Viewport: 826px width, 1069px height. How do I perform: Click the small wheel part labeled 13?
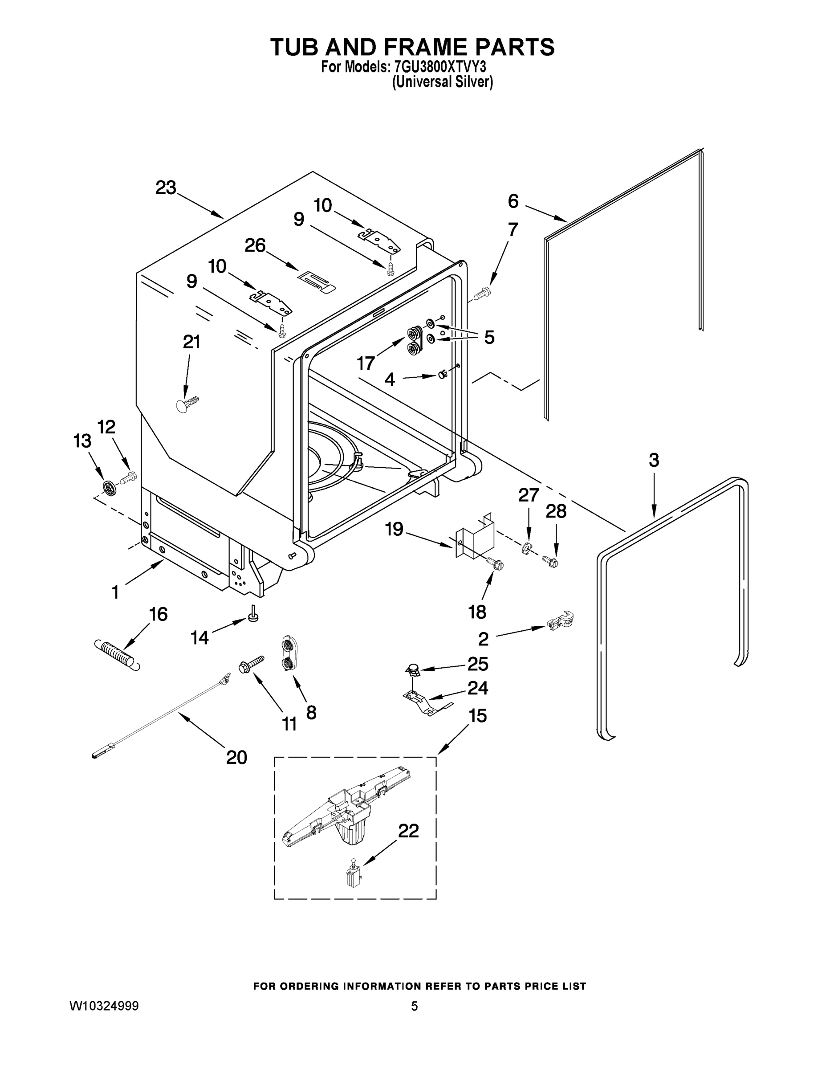[110, 487]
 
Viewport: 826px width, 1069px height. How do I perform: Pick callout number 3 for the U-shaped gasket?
[654, 460]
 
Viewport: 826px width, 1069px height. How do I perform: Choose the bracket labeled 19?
[475, 537]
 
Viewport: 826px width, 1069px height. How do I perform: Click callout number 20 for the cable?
[236, 757]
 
